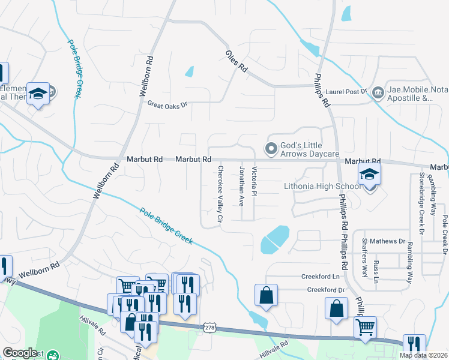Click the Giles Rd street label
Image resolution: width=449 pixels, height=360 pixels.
[237, 61]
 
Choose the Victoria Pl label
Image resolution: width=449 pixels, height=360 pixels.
[255, 181]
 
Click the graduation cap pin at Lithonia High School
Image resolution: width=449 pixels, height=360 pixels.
[370, 175]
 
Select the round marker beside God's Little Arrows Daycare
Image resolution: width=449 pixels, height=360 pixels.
[271, 148]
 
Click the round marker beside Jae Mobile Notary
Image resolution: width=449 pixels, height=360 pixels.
[378, 92]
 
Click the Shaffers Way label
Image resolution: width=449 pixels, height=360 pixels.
[364, 257]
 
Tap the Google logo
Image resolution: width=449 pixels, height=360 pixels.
[20, 353]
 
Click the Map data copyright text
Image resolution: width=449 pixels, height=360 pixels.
[423, 355]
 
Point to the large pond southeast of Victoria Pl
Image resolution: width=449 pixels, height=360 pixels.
[275, 239]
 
